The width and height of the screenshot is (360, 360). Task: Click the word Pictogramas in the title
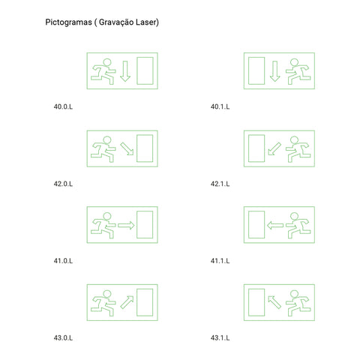click(68, 22)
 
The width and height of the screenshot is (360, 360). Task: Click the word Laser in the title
click(147, 22)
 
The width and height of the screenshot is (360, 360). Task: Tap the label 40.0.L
click(63, 106)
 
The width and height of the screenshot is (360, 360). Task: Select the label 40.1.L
click(220, 106)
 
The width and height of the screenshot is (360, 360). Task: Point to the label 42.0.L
click(63, 184)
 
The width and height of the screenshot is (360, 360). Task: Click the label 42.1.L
click(220, 184)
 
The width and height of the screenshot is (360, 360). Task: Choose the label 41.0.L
click(63, 261)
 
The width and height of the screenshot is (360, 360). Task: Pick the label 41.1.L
click(220, 261)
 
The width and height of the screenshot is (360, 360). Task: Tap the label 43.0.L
click(63, 338)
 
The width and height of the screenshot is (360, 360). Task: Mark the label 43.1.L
click(220, 338)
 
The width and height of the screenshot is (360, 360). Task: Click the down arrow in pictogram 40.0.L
click(125, 71)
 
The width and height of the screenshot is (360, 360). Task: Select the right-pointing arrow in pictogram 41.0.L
click(126, 226)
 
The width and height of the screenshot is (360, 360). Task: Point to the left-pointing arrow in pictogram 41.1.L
click(275, 226)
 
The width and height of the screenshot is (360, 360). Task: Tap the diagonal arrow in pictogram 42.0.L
click(127, 148)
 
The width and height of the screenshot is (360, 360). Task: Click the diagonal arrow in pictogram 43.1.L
click(274, 302)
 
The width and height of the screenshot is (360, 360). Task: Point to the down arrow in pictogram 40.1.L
click(275, 71)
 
